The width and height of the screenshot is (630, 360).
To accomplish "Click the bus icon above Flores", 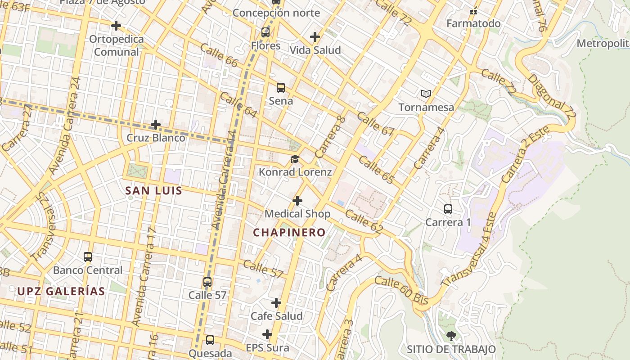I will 265,32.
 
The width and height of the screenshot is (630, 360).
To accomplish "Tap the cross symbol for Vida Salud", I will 315,37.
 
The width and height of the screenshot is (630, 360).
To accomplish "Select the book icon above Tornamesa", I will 426,94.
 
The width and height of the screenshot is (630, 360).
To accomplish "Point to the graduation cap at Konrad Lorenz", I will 295,159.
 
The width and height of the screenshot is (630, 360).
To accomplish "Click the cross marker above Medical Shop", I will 297,201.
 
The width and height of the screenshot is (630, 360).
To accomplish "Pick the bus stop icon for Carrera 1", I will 448,209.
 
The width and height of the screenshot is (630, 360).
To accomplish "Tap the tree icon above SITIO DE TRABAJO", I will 451,336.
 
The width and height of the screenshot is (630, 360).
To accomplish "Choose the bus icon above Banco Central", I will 88,257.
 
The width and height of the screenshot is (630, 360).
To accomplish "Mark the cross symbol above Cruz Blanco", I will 156,124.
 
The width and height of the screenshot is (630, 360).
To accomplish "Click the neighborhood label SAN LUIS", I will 154,191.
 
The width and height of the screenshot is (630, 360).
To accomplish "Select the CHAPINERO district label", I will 289,233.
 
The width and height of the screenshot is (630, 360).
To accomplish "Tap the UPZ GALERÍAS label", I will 61,291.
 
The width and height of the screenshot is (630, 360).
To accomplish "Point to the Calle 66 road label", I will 219,55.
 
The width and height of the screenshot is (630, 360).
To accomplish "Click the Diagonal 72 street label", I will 552,96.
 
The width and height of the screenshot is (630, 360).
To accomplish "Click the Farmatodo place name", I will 473,23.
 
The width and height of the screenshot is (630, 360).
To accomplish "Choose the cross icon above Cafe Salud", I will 276,303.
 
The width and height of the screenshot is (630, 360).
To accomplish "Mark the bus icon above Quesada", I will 210,340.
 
